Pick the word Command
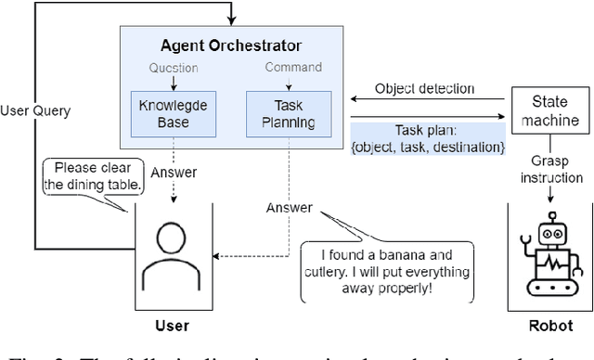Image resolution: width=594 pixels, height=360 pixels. pyautogui.click(x=292, y=68)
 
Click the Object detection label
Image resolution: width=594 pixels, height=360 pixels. pyautogui.click(x=424, y=90)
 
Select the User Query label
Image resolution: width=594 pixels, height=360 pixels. pyautogui.click(x=36, y=110)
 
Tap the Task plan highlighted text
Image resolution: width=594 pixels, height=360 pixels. pyautogui.click(x=428, y=138)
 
